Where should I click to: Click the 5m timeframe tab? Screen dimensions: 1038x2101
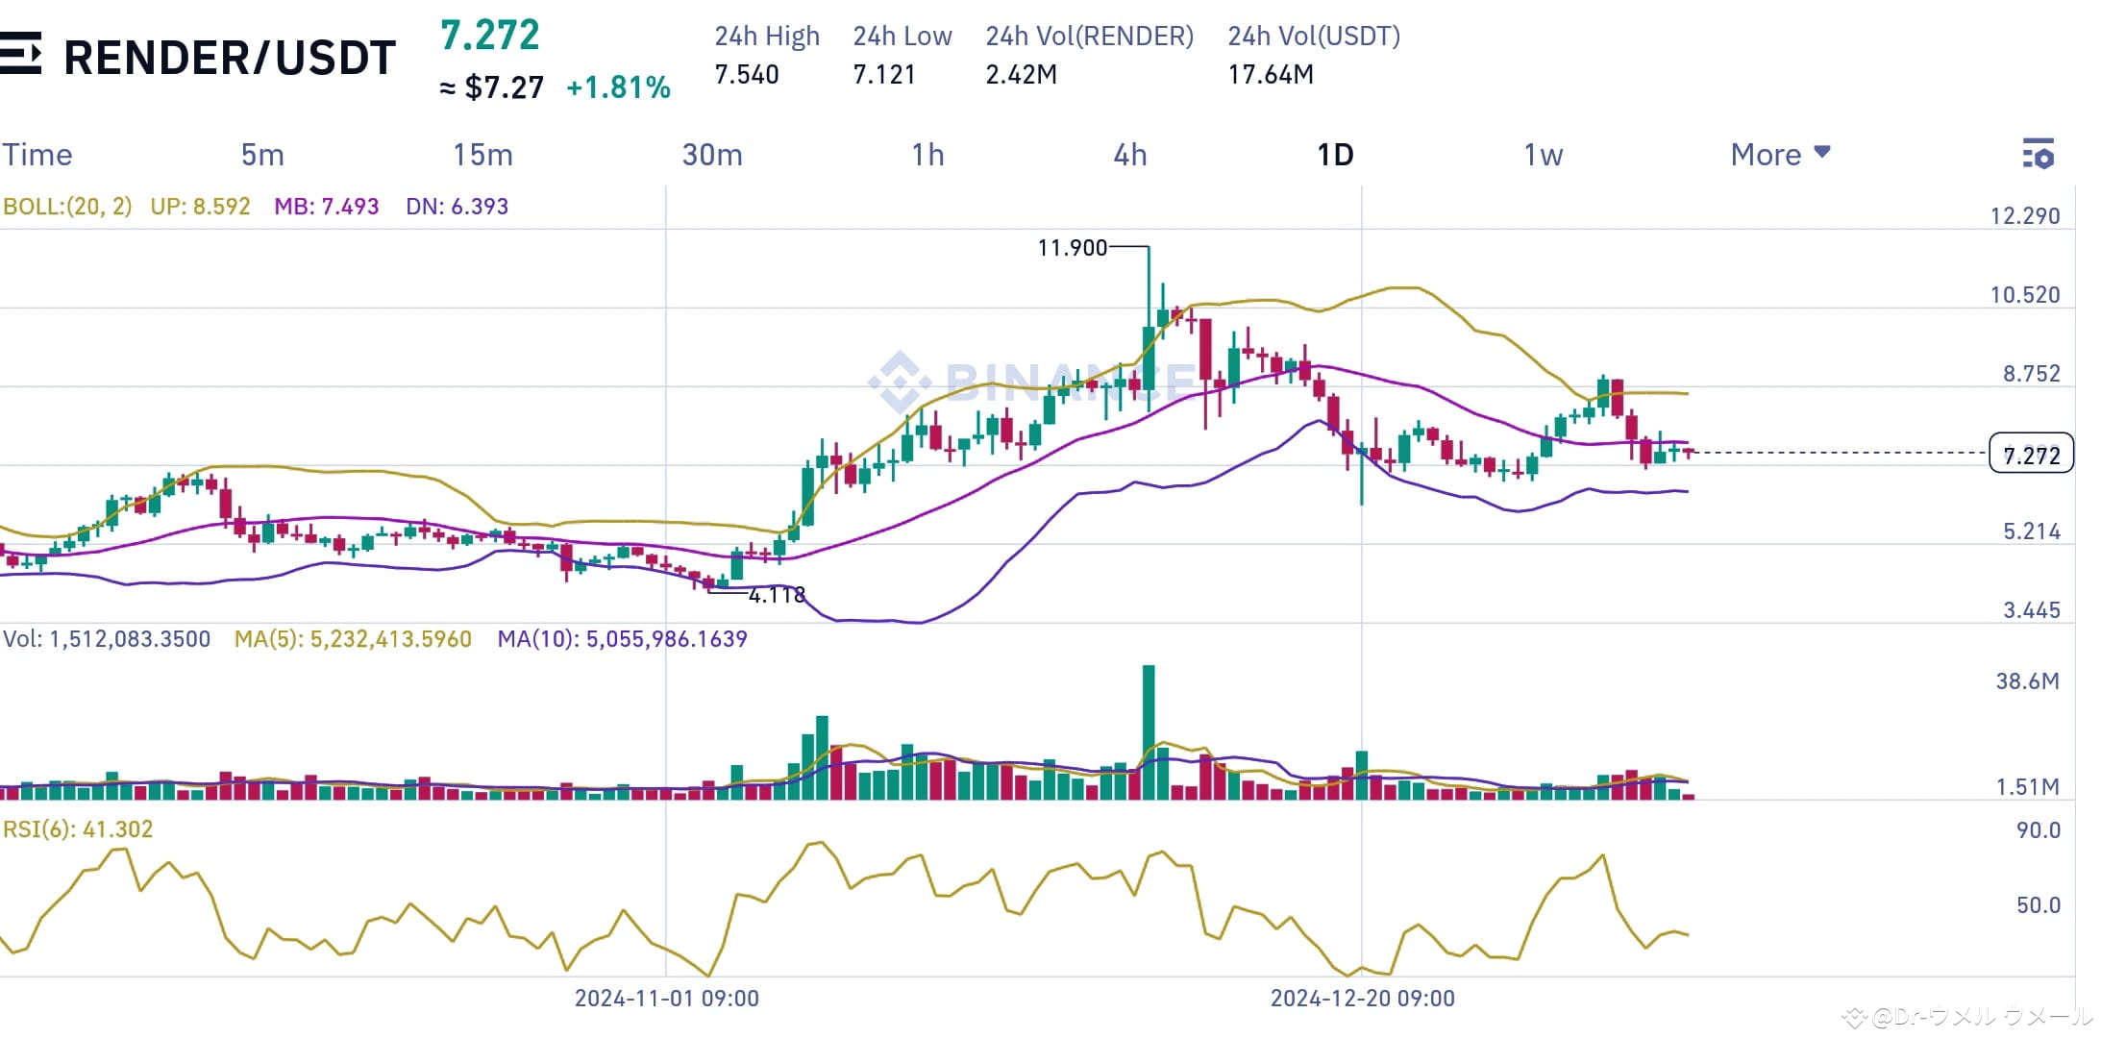(261, 155)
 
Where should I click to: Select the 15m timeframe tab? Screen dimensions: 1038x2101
(482, 155)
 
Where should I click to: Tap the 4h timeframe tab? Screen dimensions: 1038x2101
(1129, 155)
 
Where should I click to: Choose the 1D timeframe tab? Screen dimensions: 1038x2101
(1334, 155)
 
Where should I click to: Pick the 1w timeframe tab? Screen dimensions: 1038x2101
(1543, 155)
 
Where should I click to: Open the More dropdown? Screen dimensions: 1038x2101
(1779, 155)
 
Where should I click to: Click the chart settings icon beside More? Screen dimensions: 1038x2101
(2038, 154)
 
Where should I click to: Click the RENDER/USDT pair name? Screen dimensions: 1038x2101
(229, 58)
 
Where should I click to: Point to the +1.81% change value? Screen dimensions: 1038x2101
(618, 87)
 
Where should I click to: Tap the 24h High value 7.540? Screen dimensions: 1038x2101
(747, 74)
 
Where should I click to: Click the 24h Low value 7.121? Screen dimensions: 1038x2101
(884, 74)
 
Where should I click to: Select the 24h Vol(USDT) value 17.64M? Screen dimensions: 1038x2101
(1270, 74)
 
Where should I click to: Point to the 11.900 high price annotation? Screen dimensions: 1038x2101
(1072, 248)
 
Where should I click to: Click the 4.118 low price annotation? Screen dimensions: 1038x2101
(777, 595)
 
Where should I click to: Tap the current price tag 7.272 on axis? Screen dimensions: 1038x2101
(2031, 455)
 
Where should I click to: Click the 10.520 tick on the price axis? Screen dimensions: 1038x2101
(2024, 295)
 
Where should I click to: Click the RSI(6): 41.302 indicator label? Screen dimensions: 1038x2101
(78, 829)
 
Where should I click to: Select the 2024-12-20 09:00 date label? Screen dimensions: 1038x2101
(1362, 999)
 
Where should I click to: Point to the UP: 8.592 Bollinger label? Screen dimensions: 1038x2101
(200, 207)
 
